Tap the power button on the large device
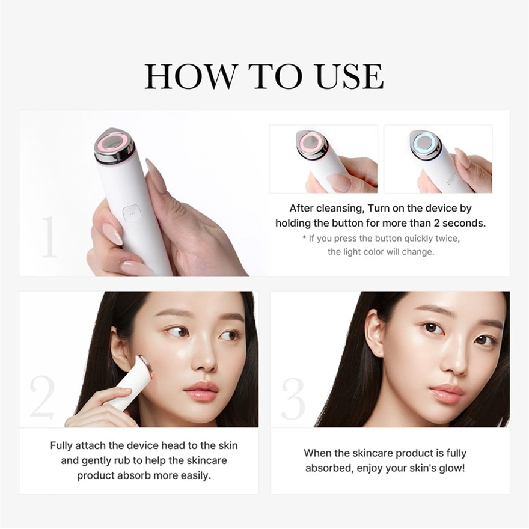pos(131,212)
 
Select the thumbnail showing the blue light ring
pos(438,159)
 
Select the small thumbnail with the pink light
pos(323,159)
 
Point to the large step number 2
pos(42,396)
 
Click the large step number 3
pos(293,397)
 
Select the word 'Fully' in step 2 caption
pos(62,445)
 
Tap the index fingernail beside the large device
pos(155,176)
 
